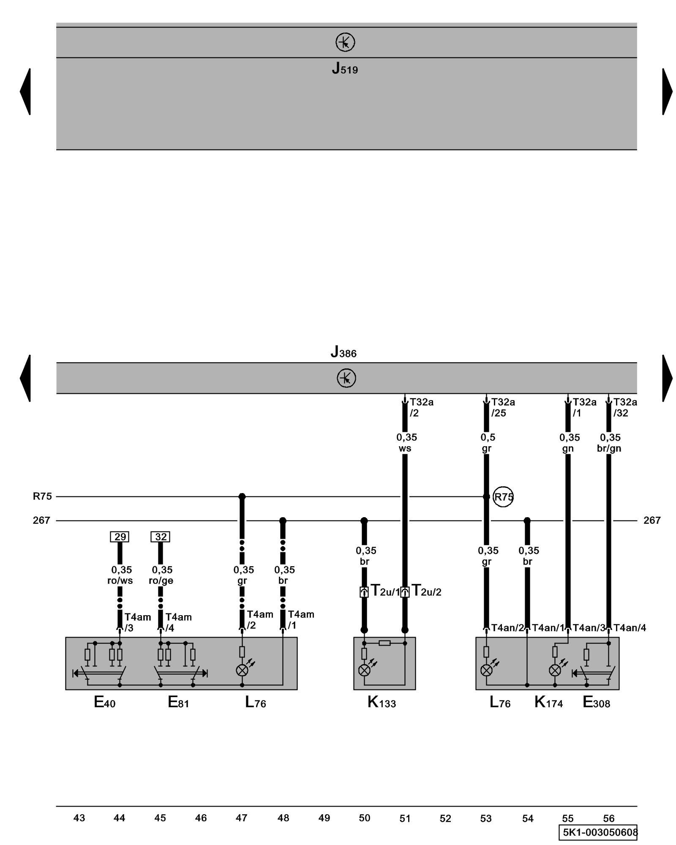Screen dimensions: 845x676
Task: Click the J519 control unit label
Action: click(x=345, y=68)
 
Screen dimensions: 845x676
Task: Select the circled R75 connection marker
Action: click(x=503, y=497)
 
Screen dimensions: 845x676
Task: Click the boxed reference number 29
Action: click(x=120, y=537)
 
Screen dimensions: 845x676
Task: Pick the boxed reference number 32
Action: click(x=161, y=537)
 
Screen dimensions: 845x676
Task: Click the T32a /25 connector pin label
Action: click(x=503, y=408)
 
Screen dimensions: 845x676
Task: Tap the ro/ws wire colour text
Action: click(x=120, y=581)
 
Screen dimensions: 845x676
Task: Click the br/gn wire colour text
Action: click(x=609, y=449)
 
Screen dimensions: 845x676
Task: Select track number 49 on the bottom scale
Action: click(x=324, y=818)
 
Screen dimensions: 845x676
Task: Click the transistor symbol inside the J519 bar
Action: click(x=345, y=42)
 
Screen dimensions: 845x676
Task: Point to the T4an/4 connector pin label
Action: click(x=630, y=628)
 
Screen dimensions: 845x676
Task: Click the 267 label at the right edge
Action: click(x=652, y=521)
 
